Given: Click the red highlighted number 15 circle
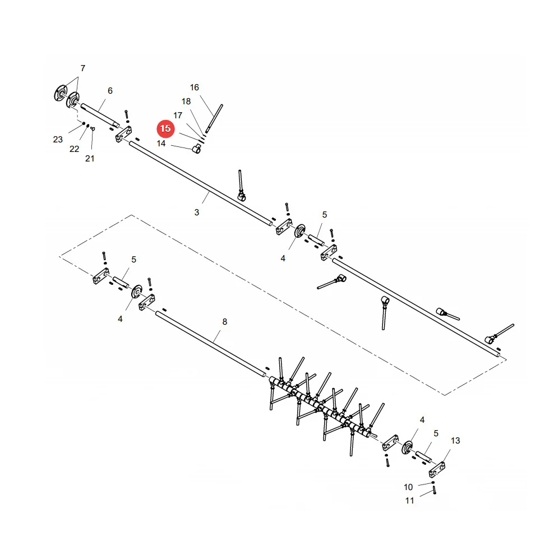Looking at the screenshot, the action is [x=166, y=128].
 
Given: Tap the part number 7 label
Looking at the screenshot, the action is [x=82, y=68].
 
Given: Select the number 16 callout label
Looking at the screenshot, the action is [x=195, y=87].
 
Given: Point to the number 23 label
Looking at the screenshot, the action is [x=58, y=140].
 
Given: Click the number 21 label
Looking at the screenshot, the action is [x=90, y=159].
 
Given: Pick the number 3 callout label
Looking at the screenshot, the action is [x=196, y=213].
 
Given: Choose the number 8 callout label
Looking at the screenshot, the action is [x=225, y=322].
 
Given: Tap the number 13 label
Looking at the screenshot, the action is [x=455, y=441].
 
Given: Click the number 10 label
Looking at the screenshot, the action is [x=408, y=487].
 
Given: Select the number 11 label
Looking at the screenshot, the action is [x=409, y=501].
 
